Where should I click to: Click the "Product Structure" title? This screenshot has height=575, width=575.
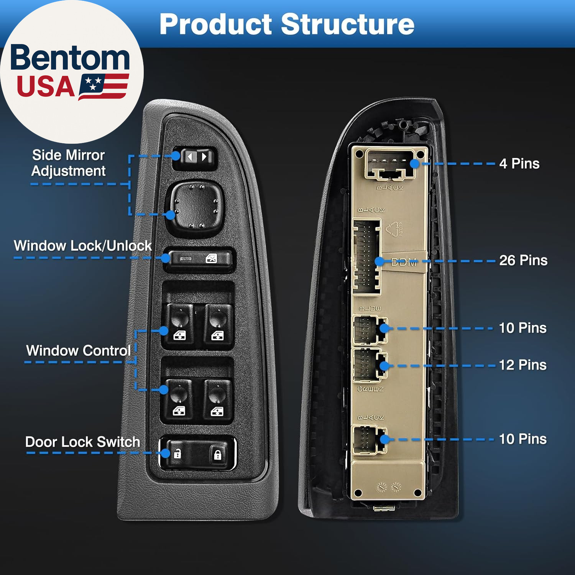pyautogui.click(x=287, y=24)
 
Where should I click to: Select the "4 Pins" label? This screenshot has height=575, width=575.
pyautogui.click(x=519, y=164)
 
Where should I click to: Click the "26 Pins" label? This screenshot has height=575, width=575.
pyautogui.click(x=523, y=260)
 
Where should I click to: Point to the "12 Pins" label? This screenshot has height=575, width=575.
pyautogui.click(x=522, y=365)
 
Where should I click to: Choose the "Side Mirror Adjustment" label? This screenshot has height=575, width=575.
pyautogui.click(x=68, y=163)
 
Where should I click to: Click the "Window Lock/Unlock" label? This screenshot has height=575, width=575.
pyautogui.click(x=82, y=246)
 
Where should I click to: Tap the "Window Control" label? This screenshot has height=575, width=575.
pyautogui.click(x=78, y=350)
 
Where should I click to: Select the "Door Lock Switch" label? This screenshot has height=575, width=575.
pyautogui.click(x=82, y=442)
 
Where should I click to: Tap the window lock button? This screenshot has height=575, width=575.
pyautogui.click(x=199, y=259)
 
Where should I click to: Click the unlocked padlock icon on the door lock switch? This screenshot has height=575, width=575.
pyautogui.click(x=177, y=454)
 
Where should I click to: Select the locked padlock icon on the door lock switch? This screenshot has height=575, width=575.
pyautogui.click(x=217, y=455)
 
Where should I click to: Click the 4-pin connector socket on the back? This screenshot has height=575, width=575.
pyautogui.click(x=390, y=165)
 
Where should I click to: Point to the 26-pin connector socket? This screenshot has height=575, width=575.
pyautogui.click(x=367, y=257)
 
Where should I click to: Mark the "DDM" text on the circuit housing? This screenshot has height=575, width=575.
pyautogui.click(x=404, y=263)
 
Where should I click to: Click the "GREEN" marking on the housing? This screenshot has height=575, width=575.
pyautogui.click(x=370, y=389)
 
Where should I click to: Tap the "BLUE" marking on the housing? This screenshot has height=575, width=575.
pyautogui.click(x=370, y=309)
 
